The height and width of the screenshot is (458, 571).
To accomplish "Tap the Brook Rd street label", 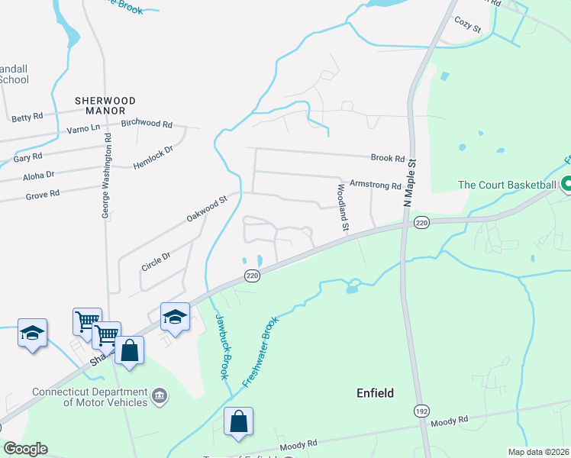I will click(387, 158).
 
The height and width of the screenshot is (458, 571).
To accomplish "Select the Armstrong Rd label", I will click(375, 185).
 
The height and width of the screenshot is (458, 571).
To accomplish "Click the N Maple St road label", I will click(411, 182).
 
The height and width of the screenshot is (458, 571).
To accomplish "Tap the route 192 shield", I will click(421, 411).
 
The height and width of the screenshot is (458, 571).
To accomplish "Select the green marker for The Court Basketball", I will click(566, 185).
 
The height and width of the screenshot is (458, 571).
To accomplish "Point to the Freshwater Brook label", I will click(260, 352).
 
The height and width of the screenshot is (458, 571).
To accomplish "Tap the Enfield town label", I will click(376, 393).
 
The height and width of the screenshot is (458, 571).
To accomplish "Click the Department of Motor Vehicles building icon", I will click(160, 395).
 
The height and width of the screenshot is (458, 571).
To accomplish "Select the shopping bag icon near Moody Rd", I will click(238, 421).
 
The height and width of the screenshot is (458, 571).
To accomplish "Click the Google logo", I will click(25, 449).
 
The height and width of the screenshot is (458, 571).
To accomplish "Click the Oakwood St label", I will click(207, 208).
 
